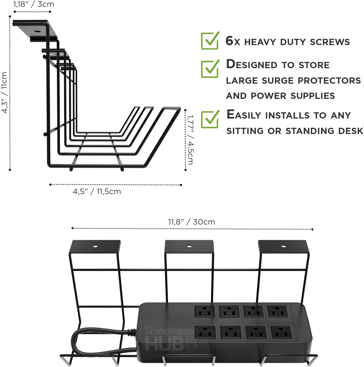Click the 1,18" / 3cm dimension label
34,4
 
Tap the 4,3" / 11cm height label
4,92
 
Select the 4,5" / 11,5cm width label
97,192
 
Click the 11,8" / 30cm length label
191,222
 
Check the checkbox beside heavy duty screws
210,41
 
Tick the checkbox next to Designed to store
210,69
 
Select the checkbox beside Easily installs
210,119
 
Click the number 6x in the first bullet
233,41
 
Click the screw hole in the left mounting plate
95,246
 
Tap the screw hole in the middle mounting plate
189,246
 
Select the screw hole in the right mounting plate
283,246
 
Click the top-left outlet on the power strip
205,311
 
